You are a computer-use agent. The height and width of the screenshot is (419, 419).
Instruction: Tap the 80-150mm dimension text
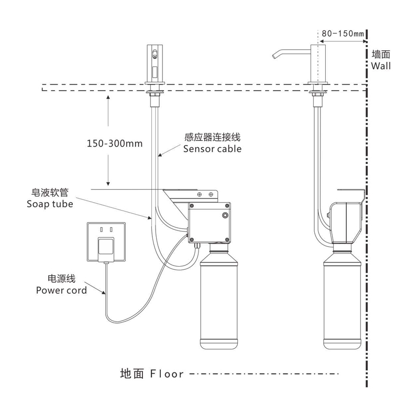343,34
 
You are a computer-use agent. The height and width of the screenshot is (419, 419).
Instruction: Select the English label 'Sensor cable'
212,149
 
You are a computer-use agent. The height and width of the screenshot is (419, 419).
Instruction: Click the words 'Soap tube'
50,204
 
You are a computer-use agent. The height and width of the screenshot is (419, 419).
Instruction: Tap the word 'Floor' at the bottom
167,374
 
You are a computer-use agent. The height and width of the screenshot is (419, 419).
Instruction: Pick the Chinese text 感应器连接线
212,138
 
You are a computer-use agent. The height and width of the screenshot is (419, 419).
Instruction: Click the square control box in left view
210,222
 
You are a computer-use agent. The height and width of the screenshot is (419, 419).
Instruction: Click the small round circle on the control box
225,216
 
